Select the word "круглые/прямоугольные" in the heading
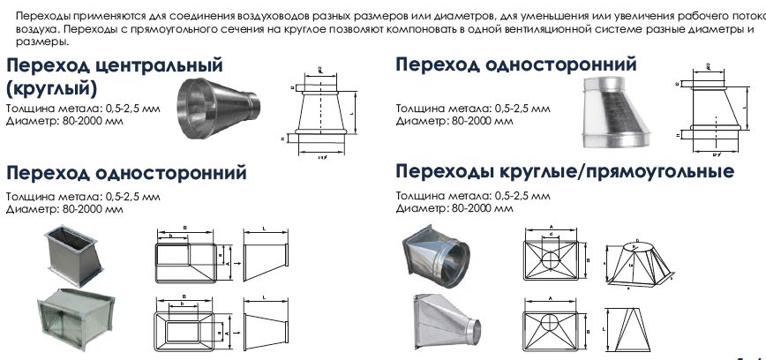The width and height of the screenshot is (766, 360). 626,170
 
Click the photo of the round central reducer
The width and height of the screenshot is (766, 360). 219,108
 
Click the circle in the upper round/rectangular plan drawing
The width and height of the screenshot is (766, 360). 552,262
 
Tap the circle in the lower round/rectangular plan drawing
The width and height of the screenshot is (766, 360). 552,324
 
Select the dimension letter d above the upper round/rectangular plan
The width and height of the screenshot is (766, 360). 552,234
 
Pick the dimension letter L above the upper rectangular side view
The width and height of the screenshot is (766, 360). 266,228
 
